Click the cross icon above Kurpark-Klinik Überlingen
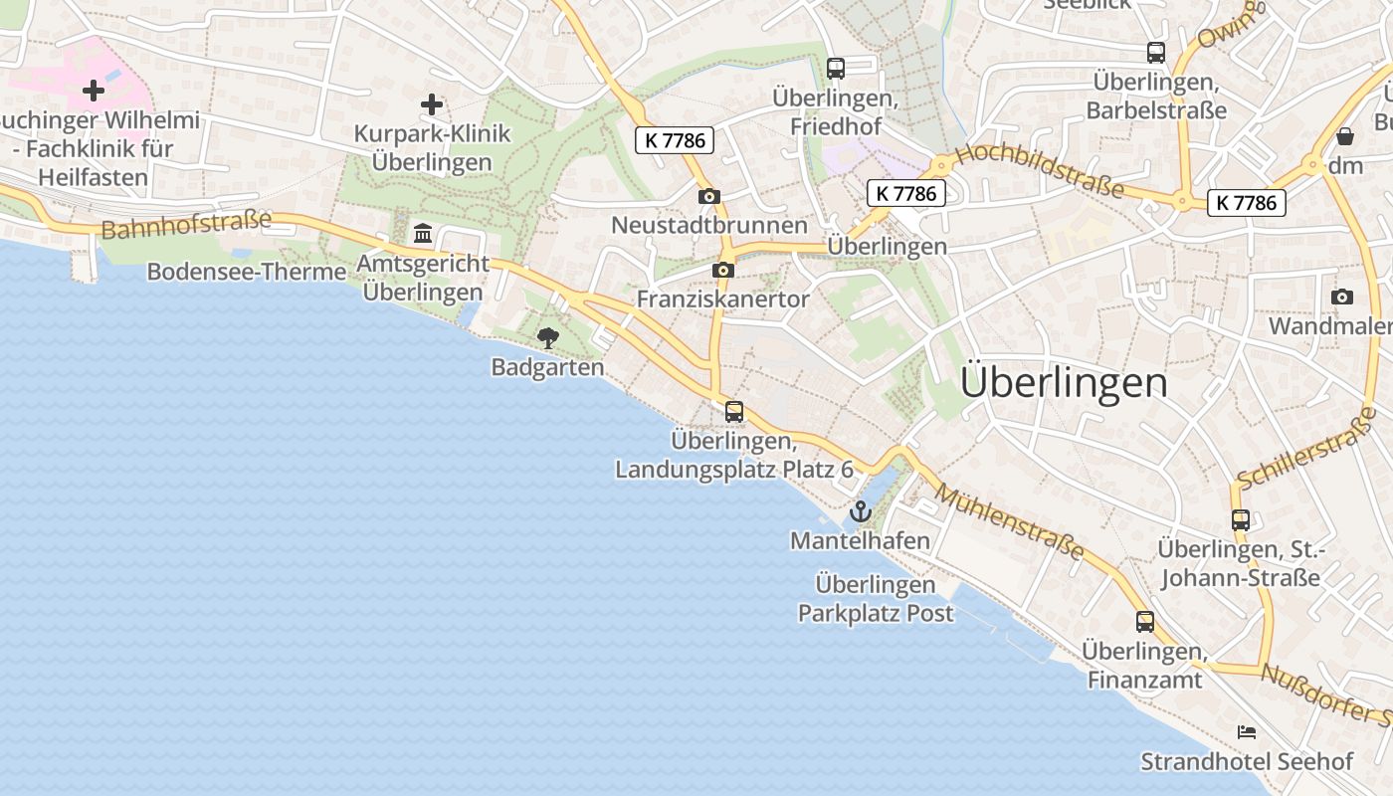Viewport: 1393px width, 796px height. (x=431, y=103)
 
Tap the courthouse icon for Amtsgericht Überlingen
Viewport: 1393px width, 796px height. (x=423, y=234)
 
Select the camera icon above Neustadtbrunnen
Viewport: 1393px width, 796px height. (x=708, y=196)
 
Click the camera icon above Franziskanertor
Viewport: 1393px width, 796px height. (x=723, y=270)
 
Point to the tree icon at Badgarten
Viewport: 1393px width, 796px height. (x=547, y=338)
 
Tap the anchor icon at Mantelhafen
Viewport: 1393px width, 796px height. (x=860, y=512)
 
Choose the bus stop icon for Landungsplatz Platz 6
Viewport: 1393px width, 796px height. (x=734, y=411)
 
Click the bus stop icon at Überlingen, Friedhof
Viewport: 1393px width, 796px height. (x=836, y=69)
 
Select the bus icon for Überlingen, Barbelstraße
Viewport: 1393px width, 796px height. (x=1155, y=53)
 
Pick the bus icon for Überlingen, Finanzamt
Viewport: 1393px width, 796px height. (x=1145, y=622)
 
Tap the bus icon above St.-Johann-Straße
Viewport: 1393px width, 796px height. (x=1240, y=519)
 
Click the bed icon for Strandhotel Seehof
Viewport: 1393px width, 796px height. (x=1246, y=732)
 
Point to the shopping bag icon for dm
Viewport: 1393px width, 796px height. (x=1345, y=136)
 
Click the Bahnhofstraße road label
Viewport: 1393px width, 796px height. (x=186, y=224)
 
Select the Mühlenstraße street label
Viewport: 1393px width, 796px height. (x=1009, y=522)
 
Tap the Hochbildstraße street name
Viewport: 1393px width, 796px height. (x=1039, y=170)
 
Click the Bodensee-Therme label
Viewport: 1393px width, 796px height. (x=247, y=272)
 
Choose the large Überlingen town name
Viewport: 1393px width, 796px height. (x=1064, y=382)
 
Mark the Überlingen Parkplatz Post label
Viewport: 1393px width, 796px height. (x=876, y=599)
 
